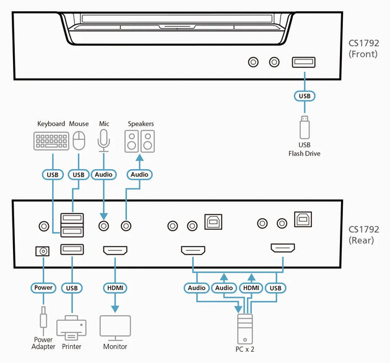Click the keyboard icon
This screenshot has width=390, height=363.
pyautogui.click(x=51, y=141)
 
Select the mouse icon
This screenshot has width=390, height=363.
pyautogui.click(x=79, y=141)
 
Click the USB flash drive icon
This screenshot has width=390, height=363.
pyautogui.click(x=304, y=127)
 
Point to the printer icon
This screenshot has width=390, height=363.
pyautogui.click(x=71, y=326)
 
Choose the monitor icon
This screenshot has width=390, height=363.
pyautogui.click(x=115, y=326)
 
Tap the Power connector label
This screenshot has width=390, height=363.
pyautogui.click(x=43, y=288)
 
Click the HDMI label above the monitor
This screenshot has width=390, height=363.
pyautogui.click(x=115, y=288)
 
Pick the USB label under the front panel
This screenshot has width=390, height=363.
pyautogui.click(x=305, y=96)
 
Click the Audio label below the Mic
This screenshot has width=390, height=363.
pyautogui.click(x=103, y=175)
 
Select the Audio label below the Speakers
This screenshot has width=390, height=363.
pyautogui.click(x=140, y=175)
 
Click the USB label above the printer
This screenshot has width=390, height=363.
pyautogui.click(x=72, y=288)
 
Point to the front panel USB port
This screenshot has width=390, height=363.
pyautogui.click(x=304, y=62)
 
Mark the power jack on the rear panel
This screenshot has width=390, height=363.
pyautogui.click(x=43, y=250)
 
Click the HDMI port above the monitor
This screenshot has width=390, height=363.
pyautogui.click(x=115, y=250)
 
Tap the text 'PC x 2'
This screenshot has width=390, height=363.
pyautogui.click(x=244, y=349)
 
